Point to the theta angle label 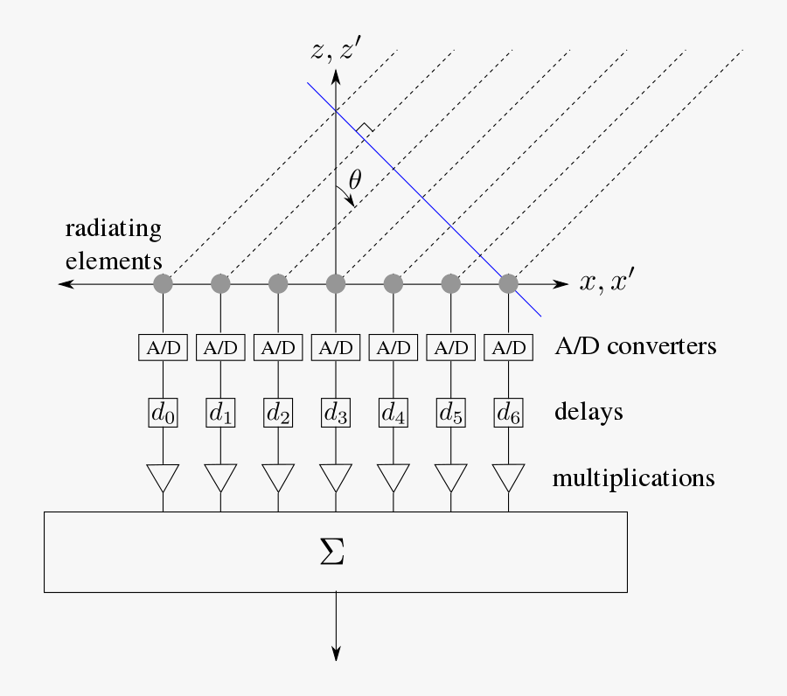pyautogui.click(x=355, y=180)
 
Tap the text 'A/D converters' pyautogui.click(x=636, y=346)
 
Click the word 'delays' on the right pyautogui.click(x=589, y=411)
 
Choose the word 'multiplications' pyautogui.click(x=634, y=478)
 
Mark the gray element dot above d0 pyautogui.click(x=164, y=283)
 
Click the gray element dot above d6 pyautogui.click(x=508, y=283)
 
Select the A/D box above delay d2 pyautogui.click(x=278, y=347)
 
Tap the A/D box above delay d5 pyautogui.click(x=450, y=347)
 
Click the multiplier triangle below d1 pyautogui.click(x=220, y=477)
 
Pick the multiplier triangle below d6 pyautogui.click(x=508, y=477)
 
